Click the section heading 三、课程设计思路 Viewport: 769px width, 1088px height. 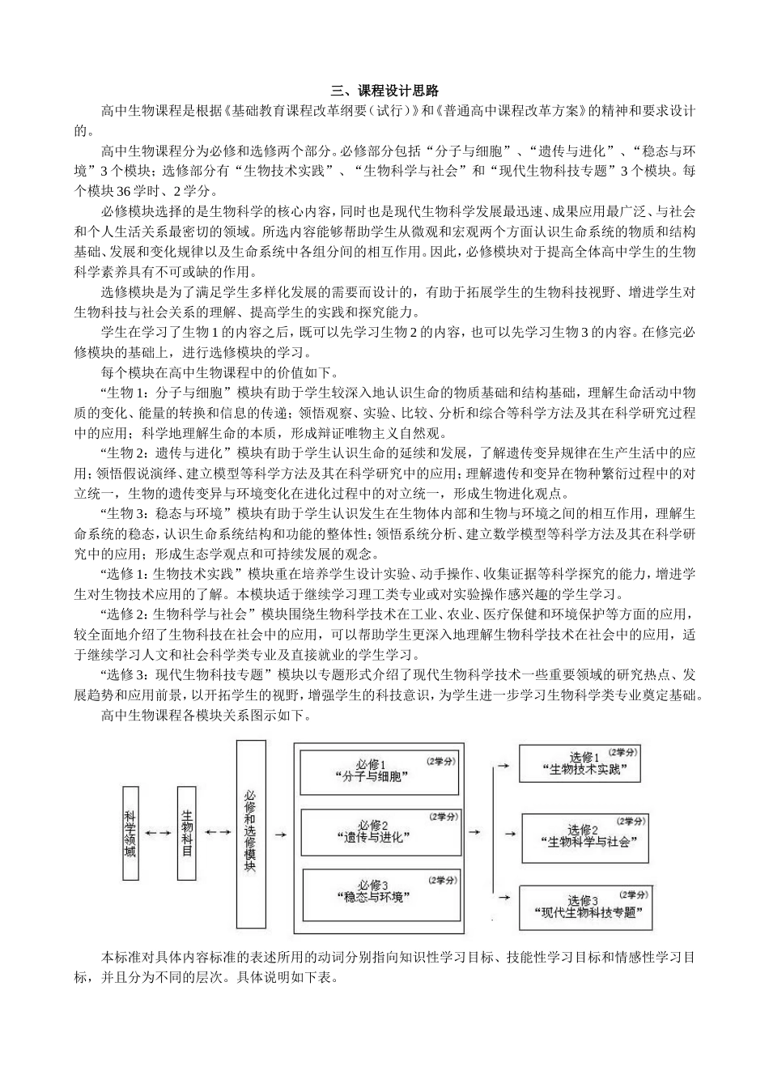pyautogui.click(x=384, y=91)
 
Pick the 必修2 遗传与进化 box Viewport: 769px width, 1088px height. pyautogui.click(x=380, y=832)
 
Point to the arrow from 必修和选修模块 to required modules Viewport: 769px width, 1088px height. pyautogui.click(x=281, y=832)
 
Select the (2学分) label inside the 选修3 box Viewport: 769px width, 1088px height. pyautogui.click(x=634, y=895)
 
